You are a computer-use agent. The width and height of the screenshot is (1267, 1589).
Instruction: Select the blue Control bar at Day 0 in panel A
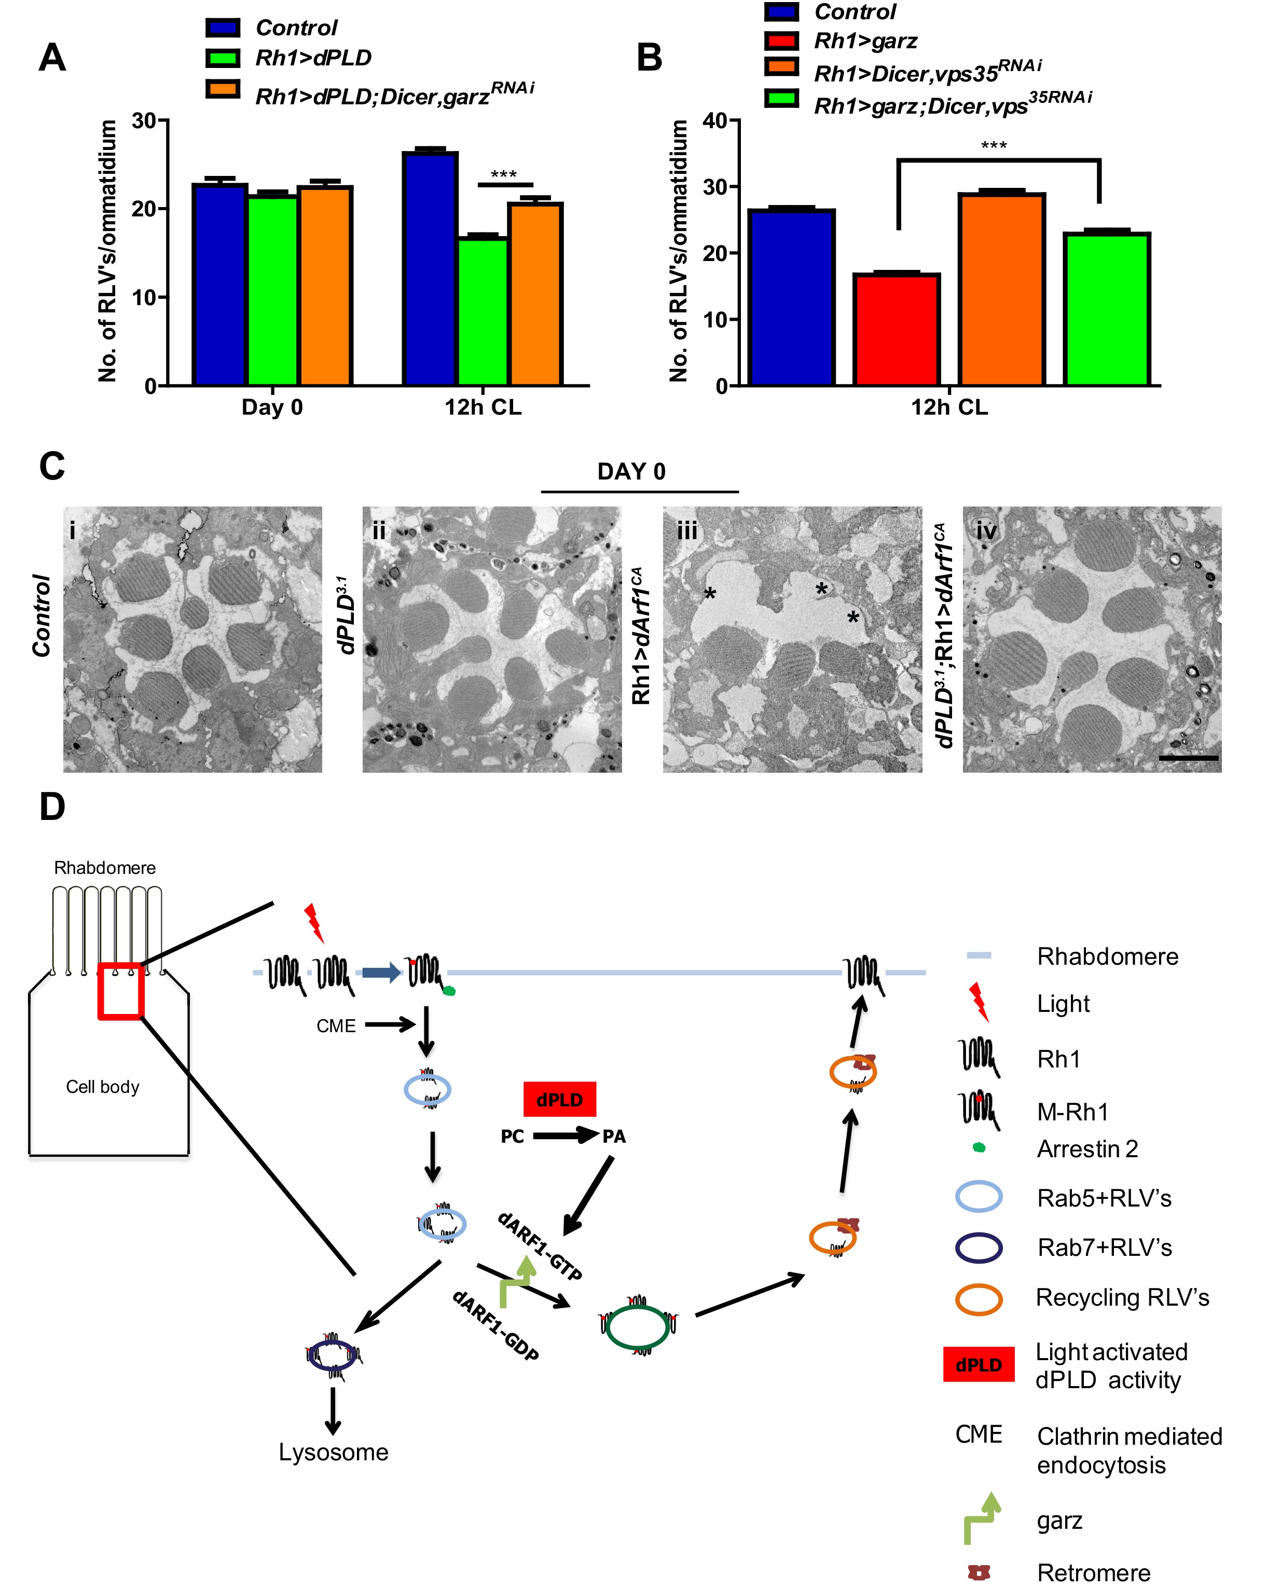pyautogui.click(x=219, y=284)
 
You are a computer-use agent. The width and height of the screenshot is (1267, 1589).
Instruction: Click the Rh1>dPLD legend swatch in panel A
pyautogui.click(x=223, y=58)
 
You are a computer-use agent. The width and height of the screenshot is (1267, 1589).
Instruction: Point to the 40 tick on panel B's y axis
pyautogui.click(x=715, y=120)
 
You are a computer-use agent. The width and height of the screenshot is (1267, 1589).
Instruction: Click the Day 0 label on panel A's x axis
pyautogui.click(x=272, y=407)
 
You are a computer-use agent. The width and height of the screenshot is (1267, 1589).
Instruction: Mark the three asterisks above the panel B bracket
pyautogui.click(x=994, y=146)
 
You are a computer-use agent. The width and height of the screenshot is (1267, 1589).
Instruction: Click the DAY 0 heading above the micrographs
pyautogui.click(x=631, y=472)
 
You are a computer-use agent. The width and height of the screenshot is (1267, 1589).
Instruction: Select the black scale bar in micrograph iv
pyautogui.click(x=1188, y=758)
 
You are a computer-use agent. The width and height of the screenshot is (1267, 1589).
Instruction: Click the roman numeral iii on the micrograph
pyautogui.click(x=687, y=531)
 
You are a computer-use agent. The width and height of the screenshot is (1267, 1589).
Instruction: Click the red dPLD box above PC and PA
pyautogui.click(x=559, y=1100)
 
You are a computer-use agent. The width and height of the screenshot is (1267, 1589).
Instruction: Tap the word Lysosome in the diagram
pyautogui.click(x=333, y=1452)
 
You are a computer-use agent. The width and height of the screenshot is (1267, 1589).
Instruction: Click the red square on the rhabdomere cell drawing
pyautogui.click(x=121, y=991)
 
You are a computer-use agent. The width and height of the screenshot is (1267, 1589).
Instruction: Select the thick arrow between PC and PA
pyautogui.click(x=564, y=1136)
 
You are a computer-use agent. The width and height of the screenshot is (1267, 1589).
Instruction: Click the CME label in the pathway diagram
pyautogui.click(x=336, y=1026)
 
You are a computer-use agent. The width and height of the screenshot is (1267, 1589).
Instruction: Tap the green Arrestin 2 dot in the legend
pyautogui.click(x=979, y=1147)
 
